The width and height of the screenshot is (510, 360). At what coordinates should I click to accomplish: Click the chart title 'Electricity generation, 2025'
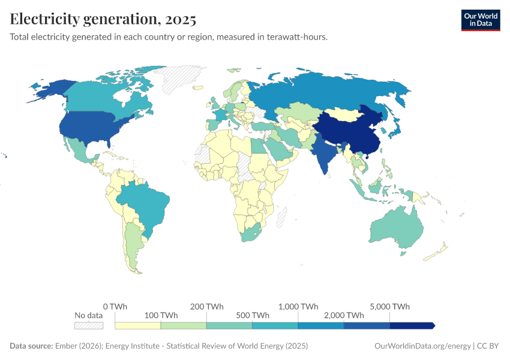103,20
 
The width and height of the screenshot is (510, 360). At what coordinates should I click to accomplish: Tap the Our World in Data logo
480,20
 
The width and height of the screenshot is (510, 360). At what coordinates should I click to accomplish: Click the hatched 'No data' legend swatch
89,325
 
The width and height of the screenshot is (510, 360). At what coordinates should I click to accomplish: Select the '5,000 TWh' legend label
391,306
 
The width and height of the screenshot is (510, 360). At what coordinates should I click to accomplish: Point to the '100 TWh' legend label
161,315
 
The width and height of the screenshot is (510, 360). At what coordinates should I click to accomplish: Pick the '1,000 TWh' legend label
298,306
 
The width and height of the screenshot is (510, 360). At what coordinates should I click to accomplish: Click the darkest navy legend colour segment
412,325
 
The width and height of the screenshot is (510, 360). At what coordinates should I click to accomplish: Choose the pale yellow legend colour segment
138,325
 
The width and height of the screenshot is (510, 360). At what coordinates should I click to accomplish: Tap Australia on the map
396,231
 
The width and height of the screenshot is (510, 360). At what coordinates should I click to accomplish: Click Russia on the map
330,90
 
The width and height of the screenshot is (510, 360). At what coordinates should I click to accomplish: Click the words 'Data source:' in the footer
31,346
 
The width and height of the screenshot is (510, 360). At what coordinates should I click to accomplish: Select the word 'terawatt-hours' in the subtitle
298,37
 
